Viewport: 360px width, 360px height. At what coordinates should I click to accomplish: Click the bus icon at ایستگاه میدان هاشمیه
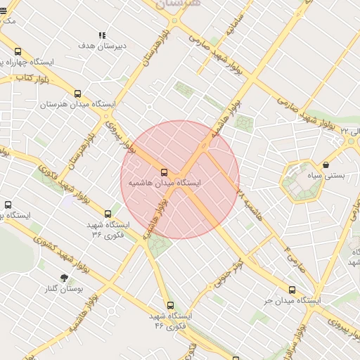[x=165, y=172]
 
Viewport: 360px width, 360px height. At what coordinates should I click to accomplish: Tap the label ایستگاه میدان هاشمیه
[x=164, y=183]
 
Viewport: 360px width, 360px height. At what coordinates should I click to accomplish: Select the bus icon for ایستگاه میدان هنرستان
[x=77, y=94]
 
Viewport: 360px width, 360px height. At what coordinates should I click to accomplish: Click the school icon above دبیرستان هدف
[x=103, y=35]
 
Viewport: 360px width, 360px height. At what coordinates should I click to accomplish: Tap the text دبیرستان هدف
[x=103, y=46]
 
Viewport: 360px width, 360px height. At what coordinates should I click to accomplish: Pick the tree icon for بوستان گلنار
[x=65, y=278]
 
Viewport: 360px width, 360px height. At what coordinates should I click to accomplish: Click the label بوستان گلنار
[x=65, y=289]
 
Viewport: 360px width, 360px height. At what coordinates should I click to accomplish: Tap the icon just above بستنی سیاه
[x=326, y=165]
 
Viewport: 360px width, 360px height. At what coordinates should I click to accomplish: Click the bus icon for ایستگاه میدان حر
[x=292, y=290]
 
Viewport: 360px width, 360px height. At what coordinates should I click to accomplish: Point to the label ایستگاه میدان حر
[x=292, y=300]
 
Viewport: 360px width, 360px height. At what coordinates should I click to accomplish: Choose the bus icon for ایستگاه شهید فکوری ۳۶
[x=107, y=214]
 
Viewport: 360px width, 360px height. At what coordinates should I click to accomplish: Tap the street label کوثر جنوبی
[x=228, y=274]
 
